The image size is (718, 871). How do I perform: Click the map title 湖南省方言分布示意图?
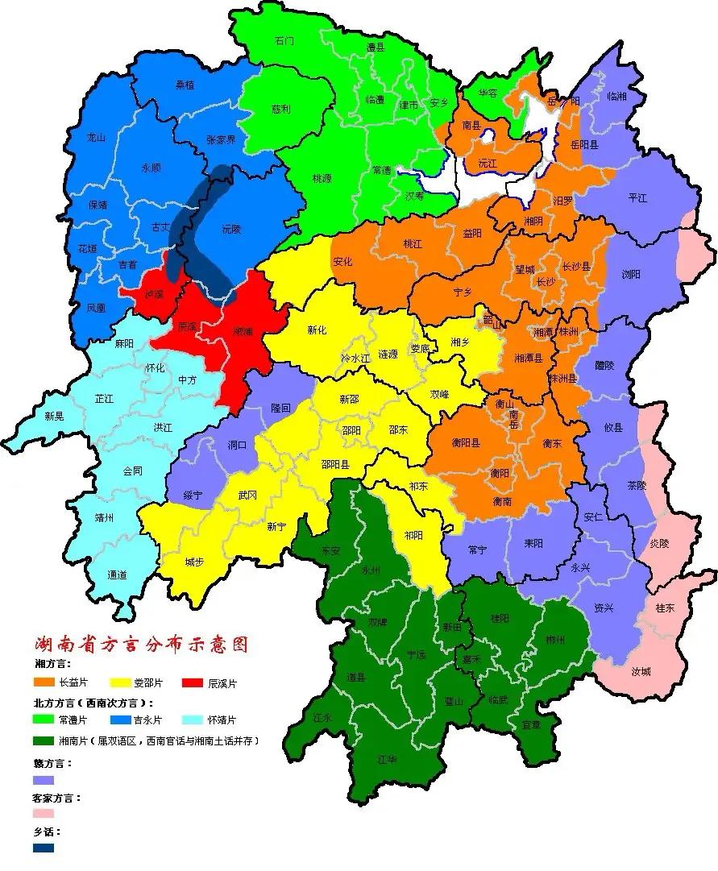(x=141, y=645)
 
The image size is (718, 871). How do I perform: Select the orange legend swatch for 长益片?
(x=44, y=682)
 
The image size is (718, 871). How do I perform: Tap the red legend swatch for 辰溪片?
(x=193, y=682)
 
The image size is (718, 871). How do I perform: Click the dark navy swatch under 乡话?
(x=44, y=848)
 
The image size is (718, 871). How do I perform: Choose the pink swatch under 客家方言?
(x=44, y=814)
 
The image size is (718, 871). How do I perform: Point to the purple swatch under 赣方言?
(x=44, y=780)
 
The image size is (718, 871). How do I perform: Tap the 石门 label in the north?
(x=284, y=40)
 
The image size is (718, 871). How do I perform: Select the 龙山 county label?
(x=96, y=138)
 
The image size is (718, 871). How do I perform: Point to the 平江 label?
(x=637, y=197)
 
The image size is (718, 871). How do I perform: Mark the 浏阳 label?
(x=631, y=275)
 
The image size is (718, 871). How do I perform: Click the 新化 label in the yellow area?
(x=317, y=330)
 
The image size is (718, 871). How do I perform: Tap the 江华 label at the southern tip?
(x=387, y=758)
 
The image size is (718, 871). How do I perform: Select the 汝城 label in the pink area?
(x=641, y=670)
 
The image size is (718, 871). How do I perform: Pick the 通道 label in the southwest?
(x=117, y=574)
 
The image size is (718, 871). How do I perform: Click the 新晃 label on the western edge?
(x=54, y=416)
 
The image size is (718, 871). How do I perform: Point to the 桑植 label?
(x=185, y=85)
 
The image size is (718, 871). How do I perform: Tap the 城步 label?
(x=193, y=562)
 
